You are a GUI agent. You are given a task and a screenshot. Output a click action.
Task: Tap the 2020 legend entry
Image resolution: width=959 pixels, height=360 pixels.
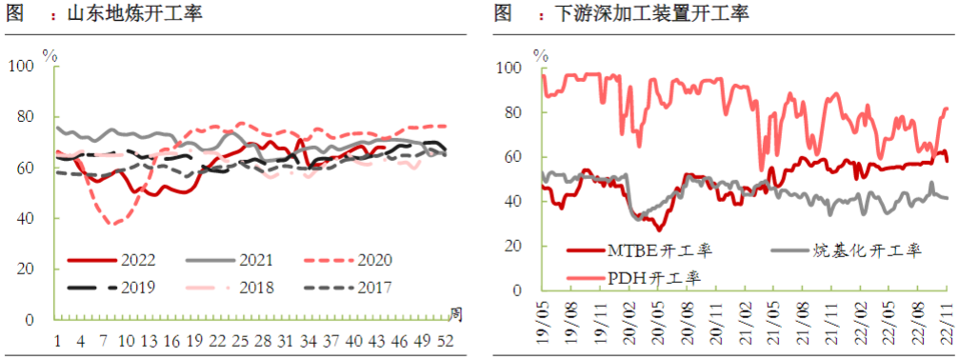point(352,259)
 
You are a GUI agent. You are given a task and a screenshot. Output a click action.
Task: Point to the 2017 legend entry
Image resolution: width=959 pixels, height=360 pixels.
point(352,286)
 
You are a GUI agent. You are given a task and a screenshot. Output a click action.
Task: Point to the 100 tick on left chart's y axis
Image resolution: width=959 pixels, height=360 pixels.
point(20,66)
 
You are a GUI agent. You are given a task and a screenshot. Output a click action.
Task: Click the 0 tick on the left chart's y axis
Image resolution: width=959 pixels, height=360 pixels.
point(29,320)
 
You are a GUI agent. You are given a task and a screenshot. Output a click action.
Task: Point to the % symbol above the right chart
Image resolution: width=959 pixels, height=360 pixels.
point(540,55)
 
